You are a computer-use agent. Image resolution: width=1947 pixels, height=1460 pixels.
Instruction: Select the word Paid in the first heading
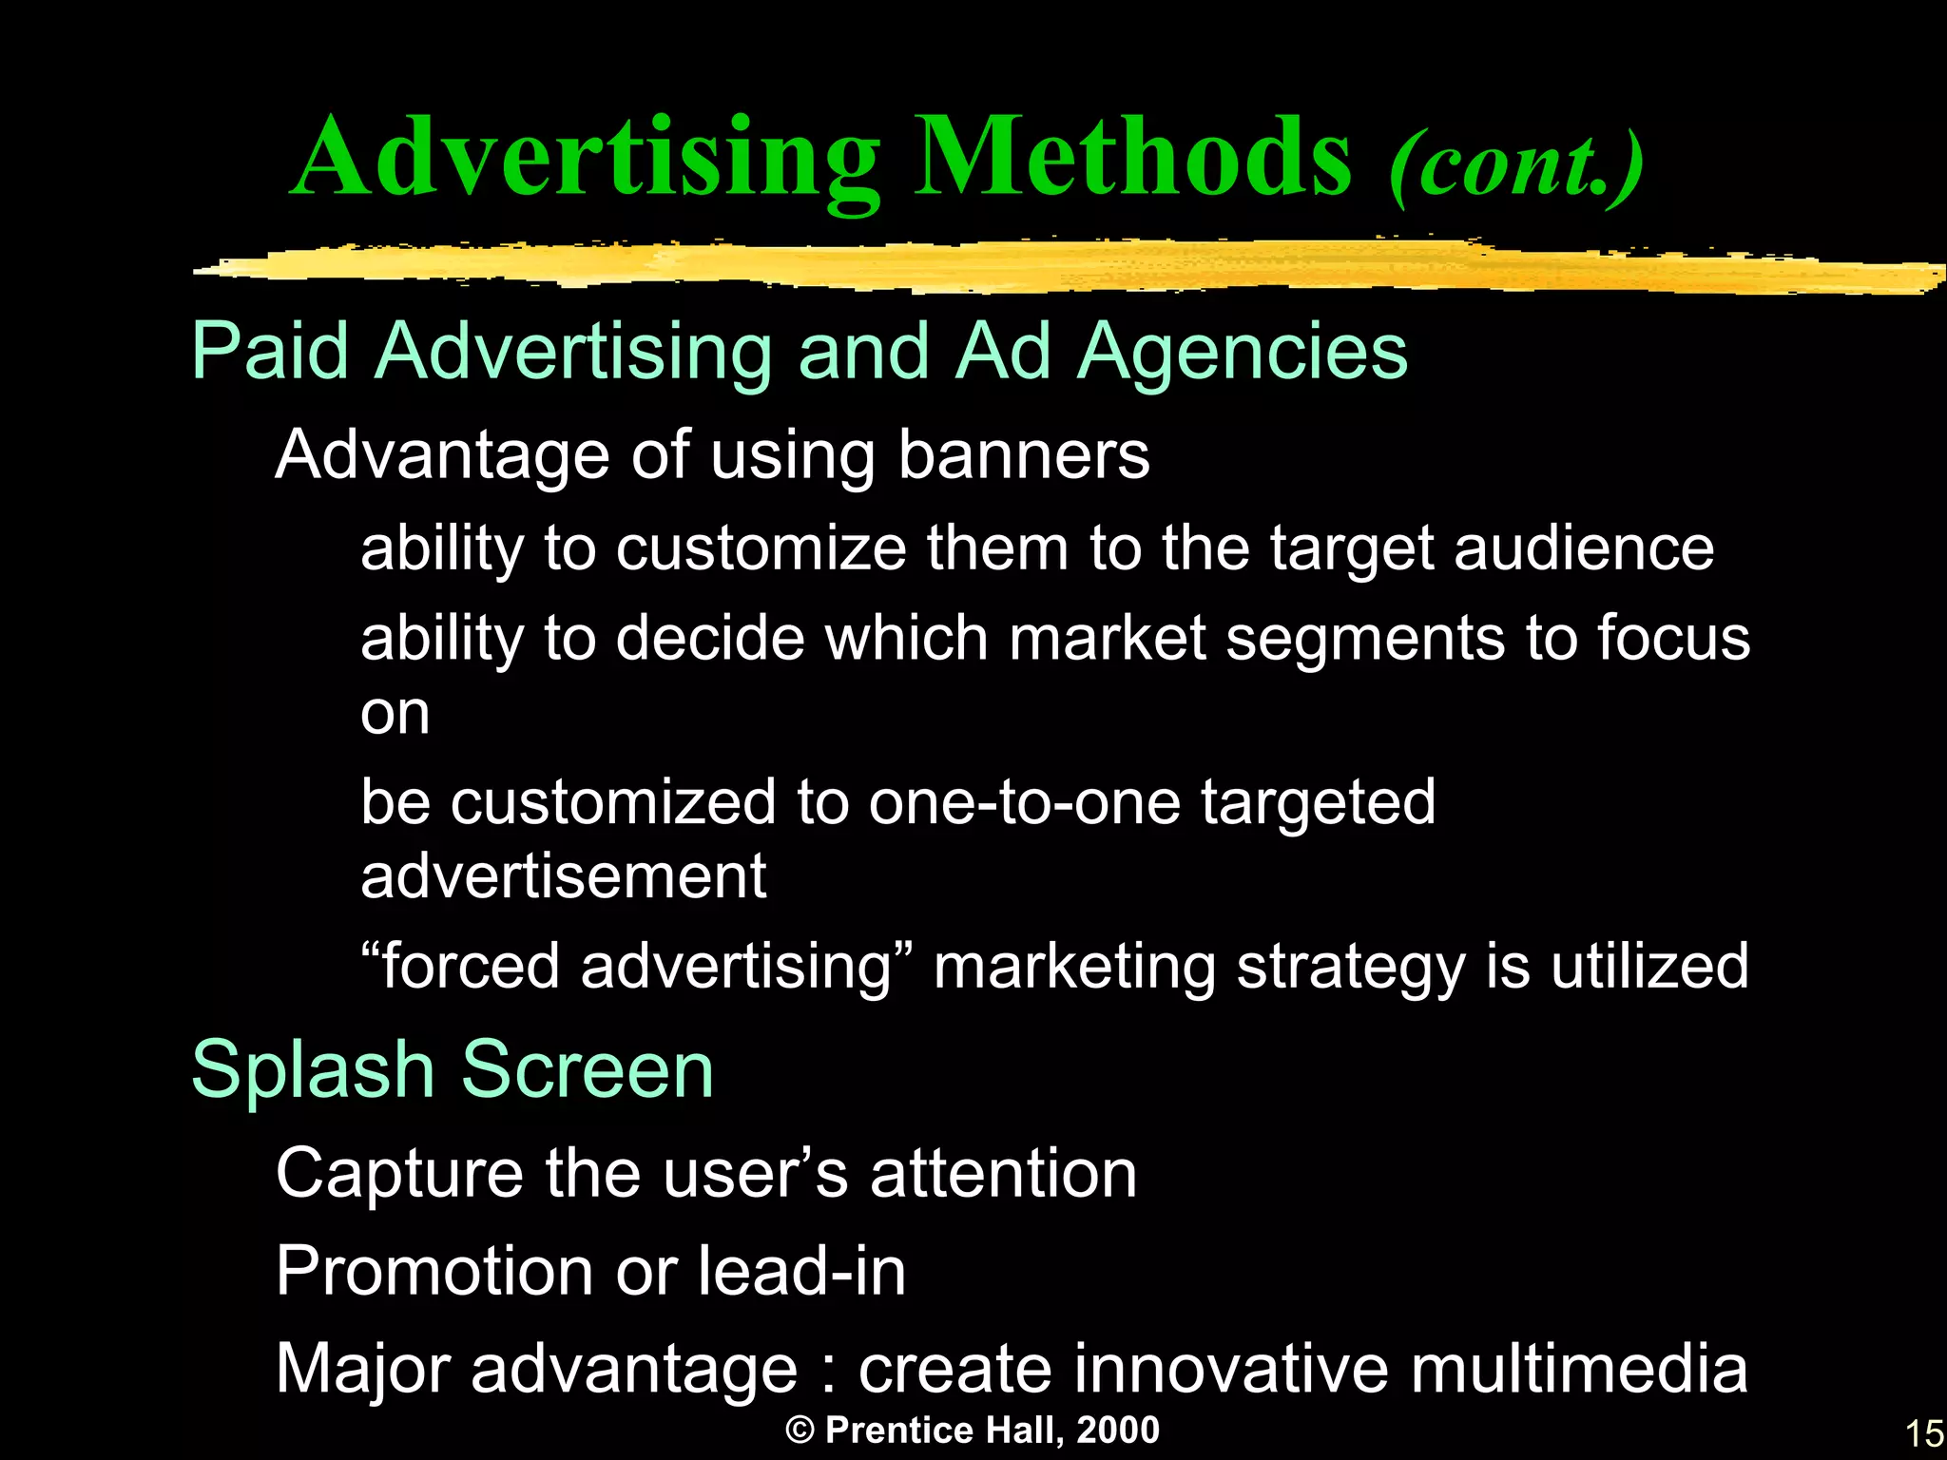pos(270,352)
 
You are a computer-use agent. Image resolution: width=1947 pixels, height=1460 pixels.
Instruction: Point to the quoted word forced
pos(470,966)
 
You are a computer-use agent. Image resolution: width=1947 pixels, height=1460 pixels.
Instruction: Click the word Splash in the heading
pos(313,1070)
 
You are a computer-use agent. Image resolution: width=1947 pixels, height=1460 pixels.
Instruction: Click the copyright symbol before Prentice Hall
pos(800,1431)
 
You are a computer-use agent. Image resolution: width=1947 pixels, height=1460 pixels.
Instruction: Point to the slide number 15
pos(1923,1433)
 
